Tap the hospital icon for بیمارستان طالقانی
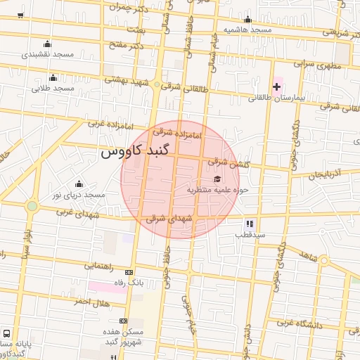pos(277,86)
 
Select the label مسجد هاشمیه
pos(247,30)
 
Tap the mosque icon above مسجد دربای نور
pos(77,184)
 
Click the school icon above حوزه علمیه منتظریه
pos(217,179)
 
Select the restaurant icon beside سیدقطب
pos(250,224)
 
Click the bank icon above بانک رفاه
pos(129,272)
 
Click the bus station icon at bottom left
pos(7,333)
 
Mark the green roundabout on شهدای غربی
pos(32,206)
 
